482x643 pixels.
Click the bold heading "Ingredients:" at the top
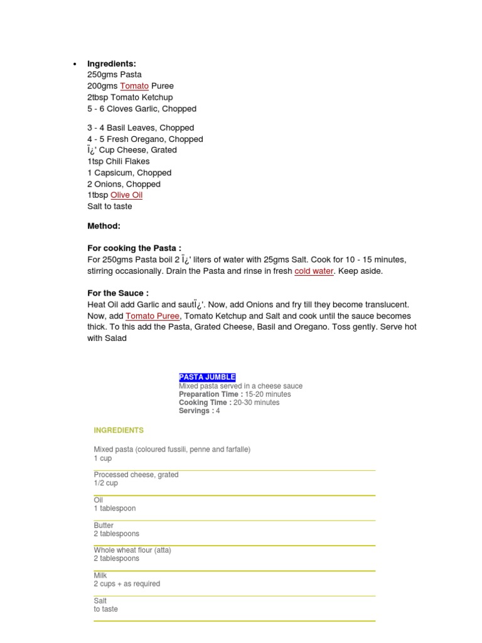112,63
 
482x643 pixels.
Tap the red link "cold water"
314,271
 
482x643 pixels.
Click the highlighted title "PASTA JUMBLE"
207,377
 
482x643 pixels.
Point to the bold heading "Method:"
104,226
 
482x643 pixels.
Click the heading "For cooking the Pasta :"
134,249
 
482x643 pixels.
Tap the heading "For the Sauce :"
118,293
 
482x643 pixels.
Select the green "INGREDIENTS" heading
119,431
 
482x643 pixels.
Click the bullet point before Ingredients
75,64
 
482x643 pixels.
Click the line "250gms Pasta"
114,75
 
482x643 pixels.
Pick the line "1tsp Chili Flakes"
119,161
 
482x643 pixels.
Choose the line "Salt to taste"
110,207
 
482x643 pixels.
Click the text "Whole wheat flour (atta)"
132,550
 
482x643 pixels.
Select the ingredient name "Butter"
104,526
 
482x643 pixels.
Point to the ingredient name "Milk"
100,575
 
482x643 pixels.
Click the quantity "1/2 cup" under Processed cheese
105,484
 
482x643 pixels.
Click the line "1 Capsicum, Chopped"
129,173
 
